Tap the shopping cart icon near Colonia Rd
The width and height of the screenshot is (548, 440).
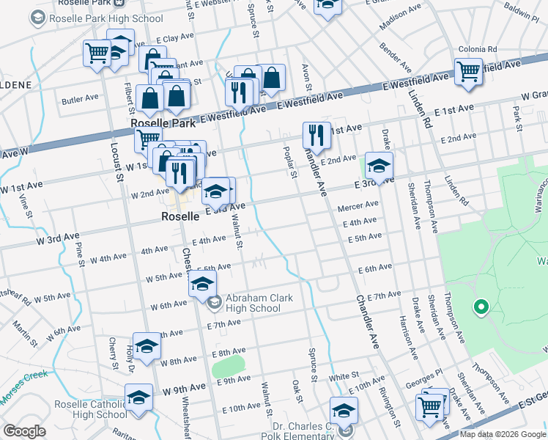click(468, 72)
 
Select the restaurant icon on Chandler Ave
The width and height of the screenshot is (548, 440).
click(316, 135)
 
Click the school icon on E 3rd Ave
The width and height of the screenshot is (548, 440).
click(379, 165)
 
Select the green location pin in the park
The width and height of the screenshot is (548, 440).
click(481, 307)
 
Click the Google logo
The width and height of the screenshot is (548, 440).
click(24, 431)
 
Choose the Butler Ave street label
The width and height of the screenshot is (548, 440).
click(80, 98)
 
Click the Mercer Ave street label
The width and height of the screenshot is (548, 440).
click(357, 208)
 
